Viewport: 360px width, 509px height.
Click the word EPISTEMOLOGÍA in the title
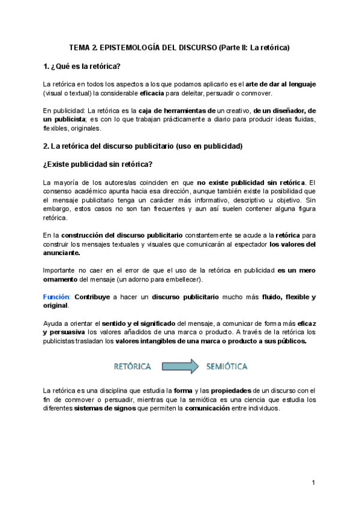pyautogui.click(x=124, y=47)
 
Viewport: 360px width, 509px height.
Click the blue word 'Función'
pyautogui.click(x=56, y=297)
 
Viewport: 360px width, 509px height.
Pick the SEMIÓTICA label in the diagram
pyautogui.click(x=227, y=366)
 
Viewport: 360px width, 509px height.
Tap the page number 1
pyautogui.click(x=314, y=483)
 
